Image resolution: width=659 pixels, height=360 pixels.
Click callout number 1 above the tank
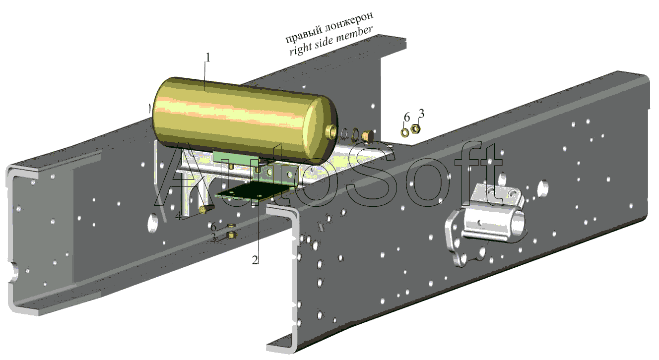pyautogui.click(x=208, y=58)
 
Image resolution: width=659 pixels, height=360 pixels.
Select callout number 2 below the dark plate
pyautogui.click(x=255, y=260)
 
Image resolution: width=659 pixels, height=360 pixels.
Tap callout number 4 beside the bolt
pyautogui.click(x=178, y=217)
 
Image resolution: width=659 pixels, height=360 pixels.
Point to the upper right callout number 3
pyautogui.click(x=421, y=114)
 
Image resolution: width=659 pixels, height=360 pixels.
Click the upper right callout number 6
pyautogui.click(x=407, y=117)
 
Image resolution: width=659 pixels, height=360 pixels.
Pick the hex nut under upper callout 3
pyautogui.click(x=415, y=128)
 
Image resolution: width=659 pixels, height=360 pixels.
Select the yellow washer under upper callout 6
pyautogui.click(x=405, y=132)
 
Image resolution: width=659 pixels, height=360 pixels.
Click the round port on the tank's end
pyautogui.click(x=332, y=131)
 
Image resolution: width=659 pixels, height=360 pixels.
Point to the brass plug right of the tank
pyautogui.click(x=367, y=136)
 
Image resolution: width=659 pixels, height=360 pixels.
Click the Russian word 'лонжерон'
pyautogui.click(x=349, y=23)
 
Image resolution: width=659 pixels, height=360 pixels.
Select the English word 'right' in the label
pyautogui.click(x=301, y=49)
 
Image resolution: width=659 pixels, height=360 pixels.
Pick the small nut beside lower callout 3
pyautogui.click(x=232, y=235)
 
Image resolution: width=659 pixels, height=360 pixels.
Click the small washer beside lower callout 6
pyautogui.click(x=232, y=226)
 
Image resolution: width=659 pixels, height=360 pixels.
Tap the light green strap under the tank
pyautogui.click(x=235, y=158)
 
